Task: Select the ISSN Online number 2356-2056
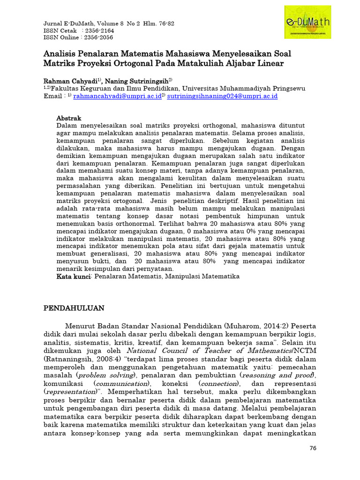[98, 37]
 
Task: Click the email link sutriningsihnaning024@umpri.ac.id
[223, 96]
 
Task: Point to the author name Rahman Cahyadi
[70, 80]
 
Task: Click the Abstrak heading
[69, 118]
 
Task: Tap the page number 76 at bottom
[314, 449]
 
